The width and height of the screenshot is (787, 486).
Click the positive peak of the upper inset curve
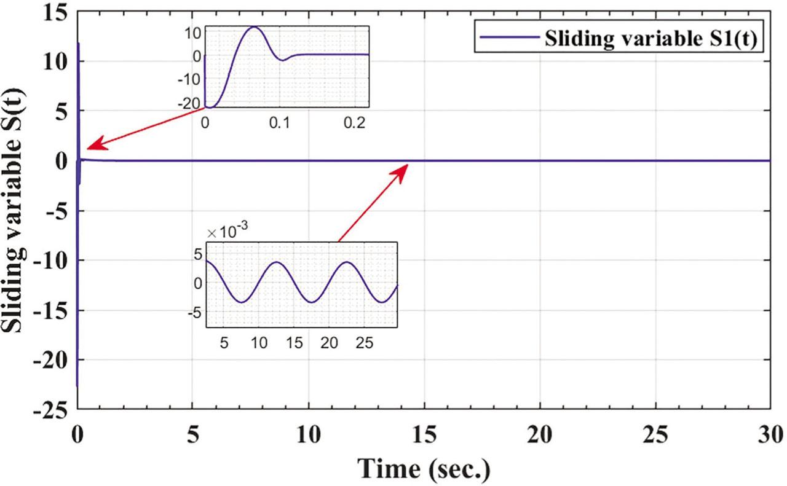[253, 27]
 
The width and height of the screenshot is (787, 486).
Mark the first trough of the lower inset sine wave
[242, 302]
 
